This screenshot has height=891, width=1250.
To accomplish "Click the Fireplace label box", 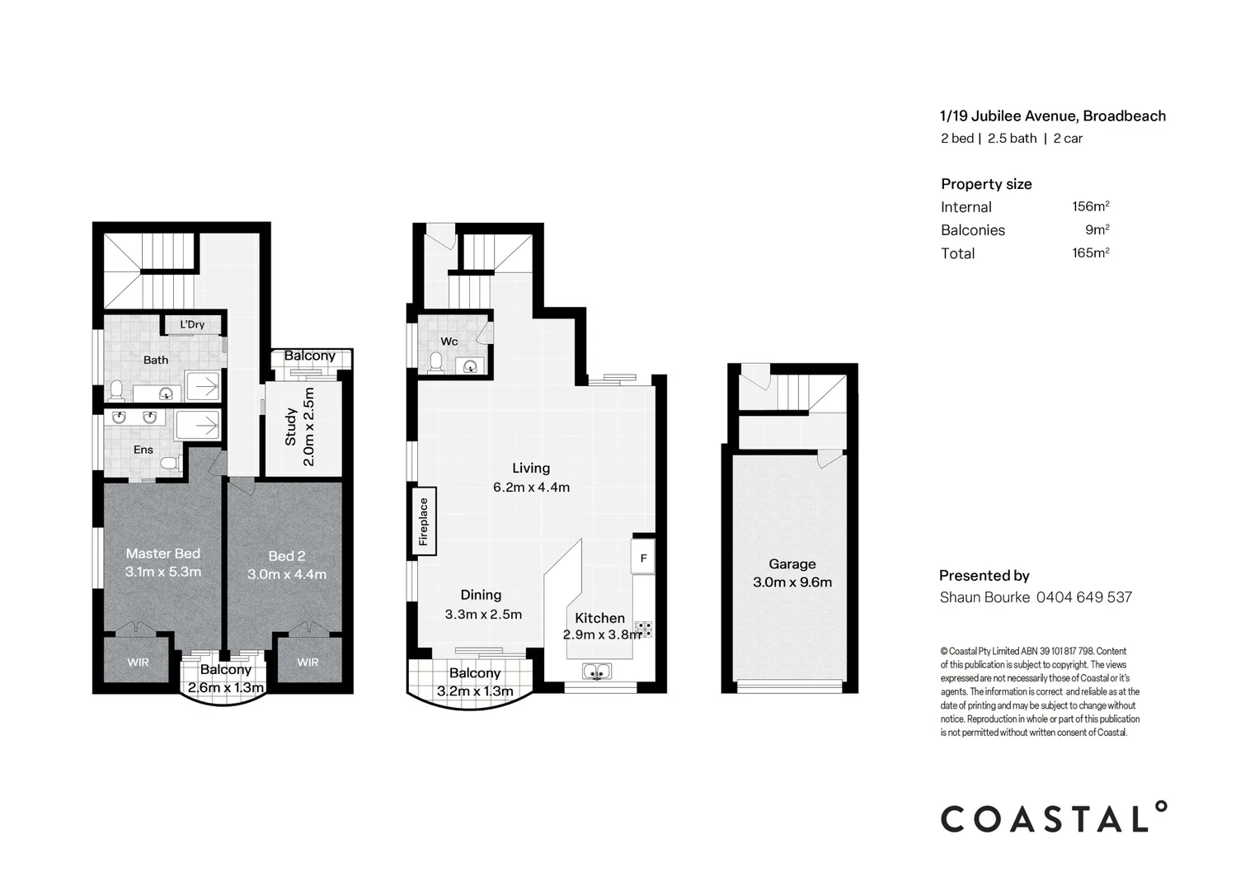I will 424,521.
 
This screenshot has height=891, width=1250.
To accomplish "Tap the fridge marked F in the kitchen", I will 643,557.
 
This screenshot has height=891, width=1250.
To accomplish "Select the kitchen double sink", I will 596,672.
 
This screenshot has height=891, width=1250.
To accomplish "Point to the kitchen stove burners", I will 644,629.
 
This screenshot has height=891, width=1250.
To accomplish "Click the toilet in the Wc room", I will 436,361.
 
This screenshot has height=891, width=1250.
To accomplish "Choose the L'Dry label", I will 192,324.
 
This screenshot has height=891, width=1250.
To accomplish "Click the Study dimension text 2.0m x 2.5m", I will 309,427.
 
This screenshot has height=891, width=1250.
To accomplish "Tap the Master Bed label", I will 163,554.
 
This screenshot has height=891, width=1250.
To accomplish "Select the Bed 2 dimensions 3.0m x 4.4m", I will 287,574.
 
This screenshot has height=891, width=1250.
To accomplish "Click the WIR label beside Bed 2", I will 308,662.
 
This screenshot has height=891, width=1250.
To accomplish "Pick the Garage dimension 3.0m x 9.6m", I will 792,582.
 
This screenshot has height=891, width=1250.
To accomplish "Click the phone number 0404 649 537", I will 1083,597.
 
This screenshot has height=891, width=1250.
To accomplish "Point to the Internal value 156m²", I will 1090,207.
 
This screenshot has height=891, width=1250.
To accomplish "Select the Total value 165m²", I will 1090,253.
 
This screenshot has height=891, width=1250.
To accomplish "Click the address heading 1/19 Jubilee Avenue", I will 1053,116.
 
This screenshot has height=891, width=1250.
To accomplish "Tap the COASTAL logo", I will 1054,818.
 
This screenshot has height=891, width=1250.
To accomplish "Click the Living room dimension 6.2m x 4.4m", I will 531,487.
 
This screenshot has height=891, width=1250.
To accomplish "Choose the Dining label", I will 481,595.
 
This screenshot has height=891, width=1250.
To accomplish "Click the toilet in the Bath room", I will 117,389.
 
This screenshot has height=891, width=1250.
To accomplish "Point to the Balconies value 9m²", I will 1097,230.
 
